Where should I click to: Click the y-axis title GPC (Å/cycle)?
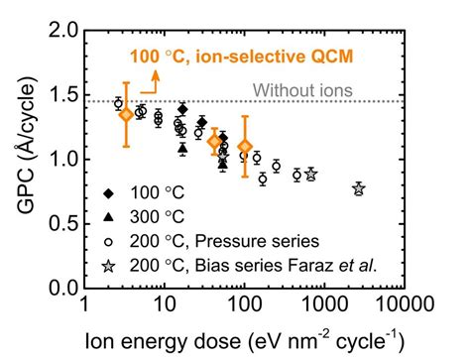pyautogui.click(x=22, y=159)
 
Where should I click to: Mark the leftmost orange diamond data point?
pyautogui.click(x=126, y=114)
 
